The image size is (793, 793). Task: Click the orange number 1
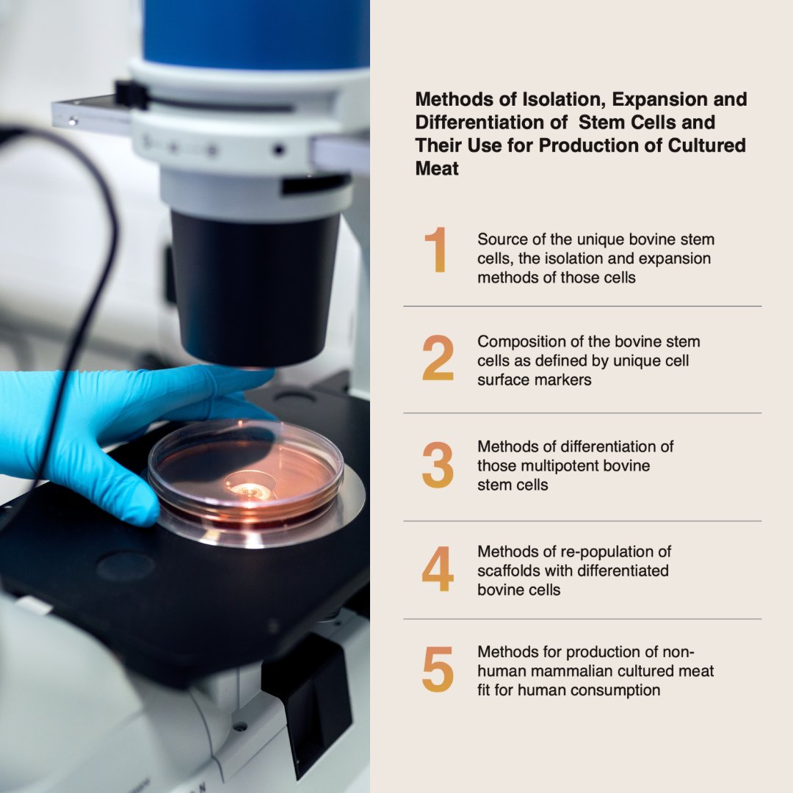(x=436, y=251)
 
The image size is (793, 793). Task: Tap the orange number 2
(x=438, y=358)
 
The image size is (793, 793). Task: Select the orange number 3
(x=438, y=466)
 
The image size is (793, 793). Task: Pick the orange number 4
(x=438, y=570)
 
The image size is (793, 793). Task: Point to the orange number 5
(x=438, y=670)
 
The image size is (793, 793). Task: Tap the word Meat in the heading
(x=437, y=168)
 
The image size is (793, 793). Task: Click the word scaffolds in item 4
(x=510, y=571)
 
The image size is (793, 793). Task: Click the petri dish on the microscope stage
(x=246, y=470)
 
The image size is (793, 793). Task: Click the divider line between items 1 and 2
(x=582, y=306)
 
